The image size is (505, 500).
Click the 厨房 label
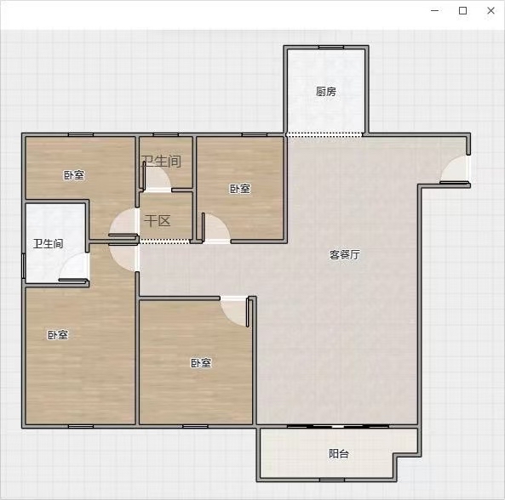pyautogui.click(x=326, y=92)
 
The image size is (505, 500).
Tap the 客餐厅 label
pyautogui.click(x=345, y=254)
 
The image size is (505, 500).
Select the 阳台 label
pyautogui.click(x=339, y=454)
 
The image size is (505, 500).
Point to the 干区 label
pyautogui.click(x=158, y=221)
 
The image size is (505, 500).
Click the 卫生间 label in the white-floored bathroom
pyautogui.click(x=48, y=243)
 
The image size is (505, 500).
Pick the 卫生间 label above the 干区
pyautogui.click(x=162, y=161)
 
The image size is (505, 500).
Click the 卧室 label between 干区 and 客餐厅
pyautogui.click(x=240, y=189)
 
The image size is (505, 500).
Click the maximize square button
pyautogui.click(x=462, y=10)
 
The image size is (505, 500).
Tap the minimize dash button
pyautogui.click(x=435, y=10)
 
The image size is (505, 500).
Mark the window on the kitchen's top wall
pyautogui.click(x=331, y=48)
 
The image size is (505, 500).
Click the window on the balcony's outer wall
pyautogui.click(x=332, y=480)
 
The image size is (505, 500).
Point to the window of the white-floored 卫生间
pyautogui.click(x=24, y=266)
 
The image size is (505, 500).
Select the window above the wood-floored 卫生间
pyautogui.click(x=166, y=134)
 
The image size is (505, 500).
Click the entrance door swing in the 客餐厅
pyautogui.click(x=455, y=169)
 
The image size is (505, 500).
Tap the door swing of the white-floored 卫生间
pyautogui.click(x=74, y=267)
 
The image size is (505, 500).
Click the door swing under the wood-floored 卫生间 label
pyautogui.click(x=157, y=178)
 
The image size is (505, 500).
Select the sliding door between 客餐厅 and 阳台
pyautogui.click(x=338, y=426)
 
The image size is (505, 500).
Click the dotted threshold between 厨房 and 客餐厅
pyautogui.click(x=324, y=134)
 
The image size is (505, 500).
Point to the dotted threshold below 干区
pyautogui.click(x=165, y=241)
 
